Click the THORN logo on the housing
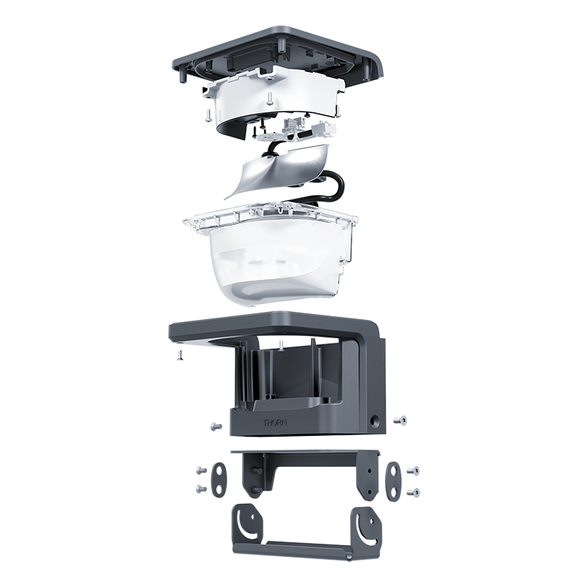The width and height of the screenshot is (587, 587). click(x=275, y=423)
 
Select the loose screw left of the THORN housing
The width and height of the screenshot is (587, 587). click(x=216, y=426)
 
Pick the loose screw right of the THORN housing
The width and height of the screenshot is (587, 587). click(x=400, y=420)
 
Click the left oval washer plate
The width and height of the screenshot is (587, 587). click(x=219, y=480)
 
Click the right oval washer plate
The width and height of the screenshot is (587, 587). click(x=393, y=481)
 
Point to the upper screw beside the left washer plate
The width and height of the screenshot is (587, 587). click(x=201, y=470)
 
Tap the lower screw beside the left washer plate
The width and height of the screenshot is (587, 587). click(x=201, y=489)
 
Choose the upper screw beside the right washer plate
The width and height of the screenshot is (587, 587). click(x=413, y=470)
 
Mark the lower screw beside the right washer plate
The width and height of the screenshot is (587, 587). click(x=413, y=492)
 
